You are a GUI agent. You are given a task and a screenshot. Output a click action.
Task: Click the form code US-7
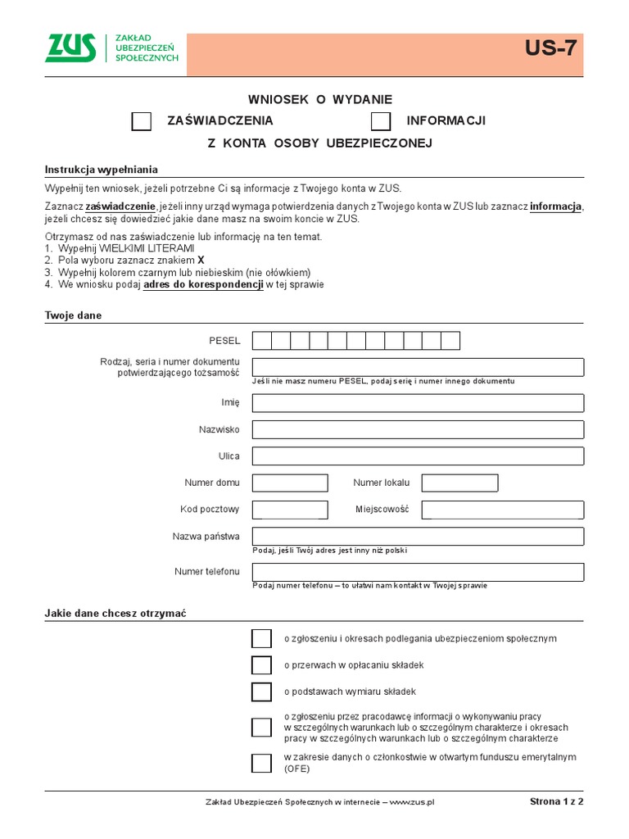(550, 49)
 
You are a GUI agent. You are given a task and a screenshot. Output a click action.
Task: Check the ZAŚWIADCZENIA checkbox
(142, 121)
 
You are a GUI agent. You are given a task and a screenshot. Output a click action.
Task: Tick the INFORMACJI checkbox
(381, 121)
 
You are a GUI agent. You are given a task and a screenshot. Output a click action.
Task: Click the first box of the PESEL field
(262, 341)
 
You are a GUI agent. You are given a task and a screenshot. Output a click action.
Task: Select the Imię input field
(418, 402)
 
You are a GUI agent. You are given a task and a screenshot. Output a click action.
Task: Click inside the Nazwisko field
(418, 429)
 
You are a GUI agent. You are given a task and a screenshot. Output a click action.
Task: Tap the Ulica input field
(418, 456)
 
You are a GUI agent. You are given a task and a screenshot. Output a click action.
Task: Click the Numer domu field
(290, 483)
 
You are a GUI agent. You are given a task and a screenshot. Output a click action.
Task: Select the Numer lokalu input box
(459, 483)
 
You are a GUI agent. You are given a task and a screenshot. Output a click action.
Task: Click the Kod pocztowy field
(290, 510)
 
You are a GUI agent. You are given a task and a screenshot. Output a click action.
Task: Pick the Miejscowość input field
(502, 510)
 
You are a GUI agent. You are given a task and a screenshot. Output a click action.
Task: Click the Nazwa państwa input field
(418, 537)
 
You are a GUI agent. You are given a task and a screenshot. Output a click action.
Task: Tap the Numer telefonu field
(418, 572)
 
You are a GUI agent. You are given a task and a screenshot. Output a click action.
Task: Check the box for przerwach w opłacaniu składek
(261, 665)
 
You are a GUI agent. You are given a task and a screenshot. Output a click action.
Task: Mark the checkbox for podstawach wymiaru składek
(261, 692)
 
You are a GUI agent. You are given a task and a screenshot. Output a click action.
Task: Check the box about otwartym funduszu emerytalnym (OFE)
(261, 763)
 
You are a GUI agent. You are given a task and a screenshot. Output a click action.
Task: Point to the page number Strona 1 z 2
(556, 801)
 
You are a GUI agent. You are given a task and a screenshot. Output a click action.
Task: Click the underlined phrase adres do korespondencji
(203, 285)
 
